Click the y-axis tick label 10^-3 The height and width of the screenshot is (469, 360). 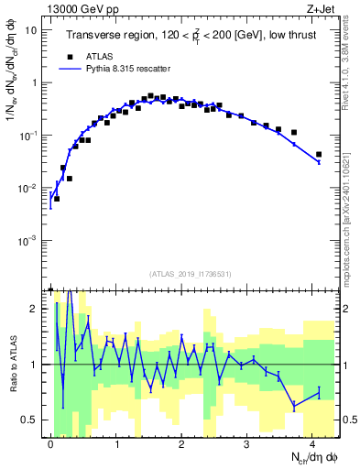tap(29, 240)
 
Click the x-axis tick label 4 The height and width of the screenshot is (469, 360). tap(313, 443)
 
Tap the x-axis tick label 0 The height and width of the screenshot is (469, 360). tap(50, 443)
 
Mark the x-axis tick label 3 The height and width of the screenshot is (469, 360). tap(247, 443)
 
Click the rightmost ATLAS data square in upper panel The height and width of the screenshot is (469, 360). tap(319, 155)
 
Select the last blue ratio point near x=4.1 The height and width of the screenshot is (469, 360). tap(319, 392)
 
